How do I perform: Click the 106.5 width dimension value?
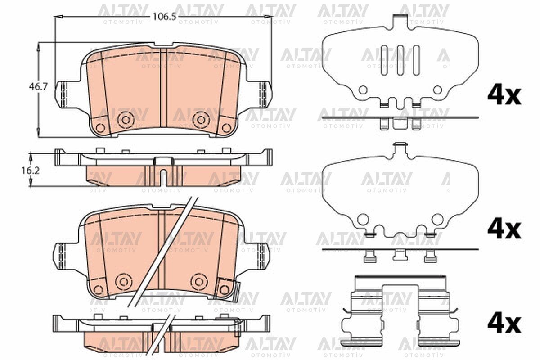pyautogui.click(x=163, y=17)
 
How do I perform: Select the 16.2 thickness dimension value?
pyautogui.click(x=38, y=171)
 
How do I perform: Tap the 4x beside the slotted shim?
pyautogui.click(x=504, y=96)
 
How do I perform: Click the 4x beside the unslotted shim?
pyautogui.click(x=504, y=229)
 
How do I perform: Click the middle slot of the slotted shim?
pyautogui.click(x=399, y=59)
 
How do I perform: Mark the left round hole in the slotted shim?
pyautogui.click(x=363, y=90)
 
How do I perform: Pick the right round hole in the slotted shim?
pyautogui.click(x=437, y=90)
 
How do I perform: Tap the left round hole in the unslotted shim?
pyautogui.click(x=363, y=220)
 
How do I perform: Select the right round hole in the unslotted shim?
pyautogui.click(x=437, y=220)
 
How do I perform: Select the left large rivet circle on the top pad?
pyautogui.click(x=126, y=120)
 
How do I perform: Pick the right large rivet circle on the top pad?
pyautogui.click(x=201, y=120)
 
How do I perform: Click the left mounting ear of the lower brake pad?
pyautogui.click(x=62, y=256)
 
